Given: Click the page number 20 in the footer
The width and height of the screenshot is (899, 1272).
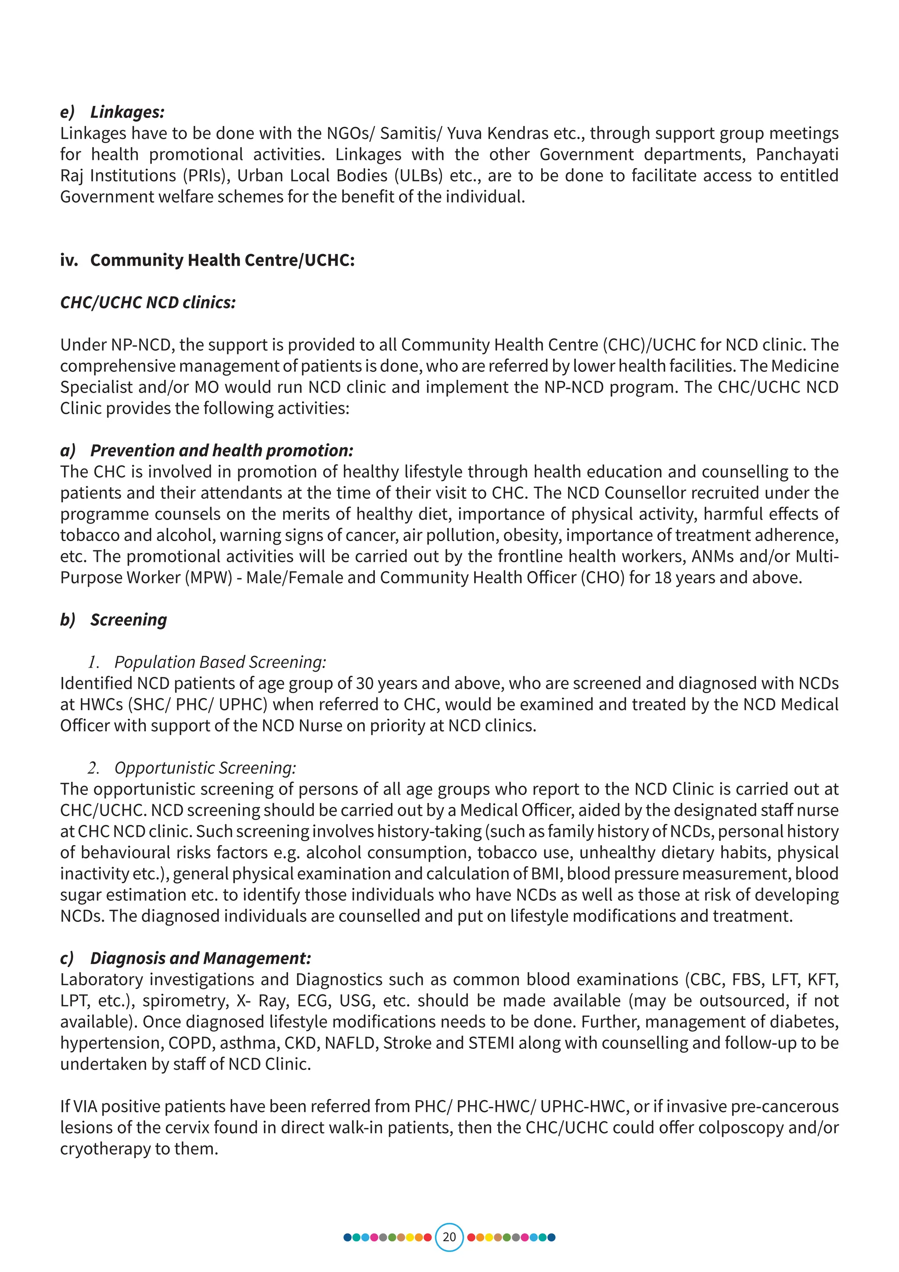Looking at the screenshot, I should point(449,1236).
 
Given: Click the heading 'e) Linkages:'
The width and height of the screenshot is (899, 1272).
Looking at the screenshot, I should point(112,112).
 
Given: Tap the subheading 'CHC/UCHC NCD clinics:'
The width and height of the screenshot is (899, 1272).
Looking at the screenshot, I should point(148,303).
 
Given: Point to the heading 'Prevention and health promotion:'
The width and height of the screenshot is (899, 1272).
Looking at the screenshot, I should point(221,450).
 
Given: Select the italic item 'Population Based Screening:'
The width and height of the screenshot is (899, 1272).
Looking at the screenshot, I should point(220,662).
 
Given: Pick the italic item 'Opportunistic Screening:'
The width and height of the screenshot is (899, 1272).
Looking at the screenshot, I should point(205,768).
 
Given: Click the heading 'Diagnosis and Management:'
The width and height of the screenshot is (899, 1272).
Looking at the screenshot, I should point(201,958).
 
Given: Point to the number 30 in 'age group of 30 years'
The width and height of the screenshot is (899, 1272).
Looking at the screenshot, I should point(365,683).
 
